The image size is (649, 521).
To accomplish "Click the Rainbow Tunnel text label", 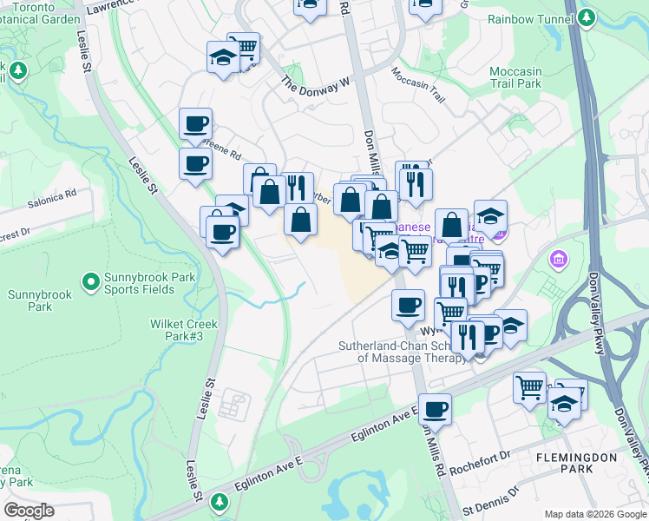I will coord(530,18).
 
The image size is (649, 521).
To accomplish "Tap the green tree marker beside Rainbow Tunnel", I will coord(587,17).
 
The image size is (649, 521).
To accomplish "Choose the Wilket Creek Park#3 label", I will coord(183,330).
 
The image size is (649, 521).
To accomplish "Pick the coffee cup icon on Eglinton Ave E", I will coord(436,408).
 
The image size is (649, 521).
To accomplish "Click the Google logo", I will coord(29,511).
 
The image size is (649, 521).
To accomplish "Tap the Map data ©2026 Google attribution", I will coord(595,514).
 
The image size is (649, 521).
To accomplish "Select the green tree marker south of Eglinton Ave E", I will coord(220,501).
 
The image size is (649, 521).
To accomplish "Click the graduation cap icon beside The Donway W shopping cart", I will coord(223,58).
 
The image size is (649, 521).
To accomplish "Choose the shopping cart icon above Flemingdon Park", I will coord(529,386).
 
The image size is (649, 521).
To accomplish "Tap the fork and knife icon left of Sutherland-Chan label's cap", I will coord(468,337).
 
